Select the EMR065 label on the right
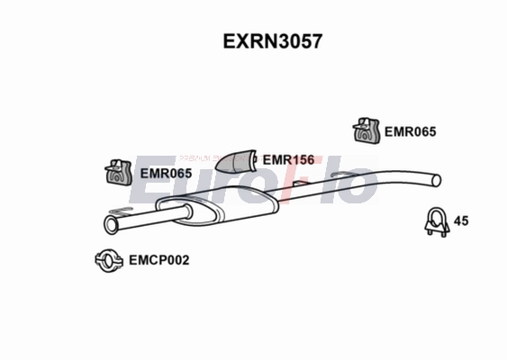coord(410,131)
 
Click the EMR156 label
coord(289,160)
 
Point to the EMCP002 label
coord(158,260)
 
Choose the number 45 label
coord(462,220)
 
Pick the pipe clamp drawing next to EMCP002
coord(110,261)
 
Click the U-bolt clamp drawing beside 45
coord(436,222)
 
